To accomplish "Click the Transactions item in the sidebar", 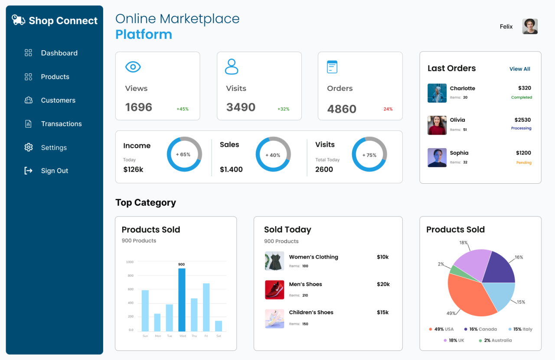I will click(61, 124).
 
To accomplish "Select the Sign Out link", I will click(54, 171).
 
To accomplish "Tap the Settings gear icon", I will click(29, 147).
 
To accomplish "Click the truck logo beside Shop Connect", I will click(18, 20).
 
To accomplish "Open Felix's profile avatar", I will click(530, 26).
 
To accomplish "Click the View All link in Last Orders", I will click(519, 69).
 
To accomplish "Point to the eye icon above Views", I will click(133, 67).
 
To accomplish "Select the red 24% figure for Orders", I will click(388, 109).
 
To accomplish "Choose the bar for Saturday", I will click(219, 326).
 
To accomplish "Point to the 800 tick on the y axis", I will click(130, 276).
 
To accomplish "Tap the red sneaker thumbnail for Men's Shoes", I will click(274, 290).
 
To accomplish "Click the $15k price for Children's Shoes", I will click(382, 312).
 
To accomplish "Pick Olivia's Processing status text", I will click(521, 128).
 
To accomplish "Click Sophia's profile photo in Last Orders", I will click(437, 158).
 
